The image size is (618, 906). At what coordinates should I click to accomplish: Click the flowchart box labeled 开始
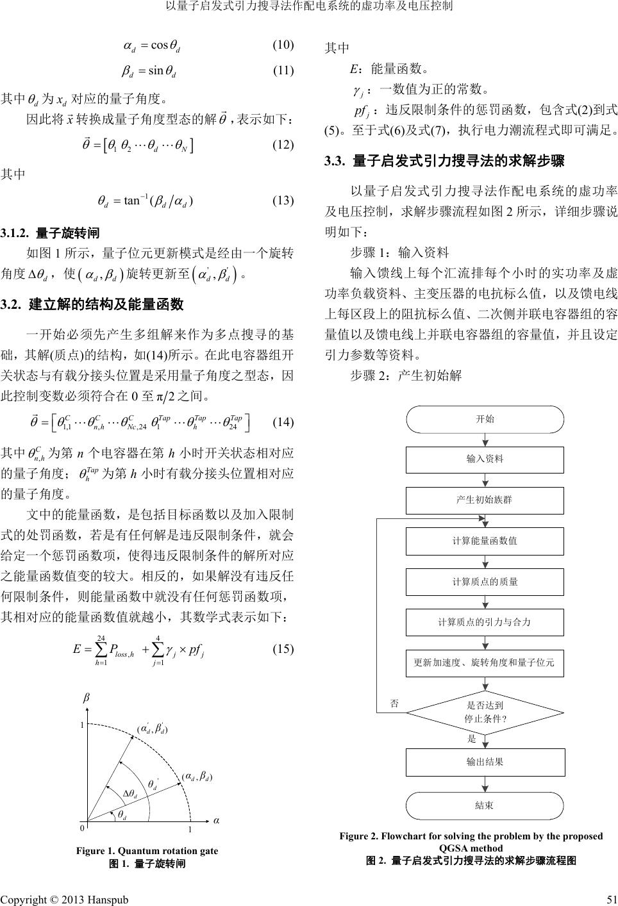coord(485,420)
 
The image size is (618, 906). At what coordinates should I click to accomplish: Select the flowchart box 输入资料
coord(485,459)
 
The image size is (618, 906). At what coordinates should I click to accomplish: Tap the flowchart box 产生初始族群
coord(485,500)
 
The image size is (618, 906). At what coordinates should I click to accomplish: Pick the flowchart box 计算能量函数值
coord(485,541)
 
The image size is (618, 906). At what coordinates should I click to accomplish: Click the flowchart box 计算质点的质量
coord(485,581)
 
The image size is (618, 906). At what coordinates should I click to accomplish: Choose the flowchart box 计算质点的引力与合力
coord(485,622)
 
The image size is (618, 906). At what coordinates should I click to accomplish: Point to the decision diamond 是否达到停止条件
coord(485,712)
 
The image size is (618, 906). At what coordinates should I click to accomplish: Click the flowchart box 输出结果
coord(485,762)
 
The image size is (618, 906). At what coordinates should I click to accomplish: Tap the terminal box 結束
coord(485,805)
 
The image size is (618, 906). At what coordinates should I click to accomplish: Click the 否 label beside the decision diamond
coord(395,703)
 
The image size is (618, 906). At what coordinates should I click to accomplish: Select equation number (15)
coord(283,648)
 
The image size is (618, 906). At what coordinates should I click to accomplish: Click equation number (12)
coord(283,145)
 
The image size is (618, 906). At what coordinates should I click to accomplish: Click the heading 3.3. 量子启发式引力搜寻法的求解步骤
coord(444,161)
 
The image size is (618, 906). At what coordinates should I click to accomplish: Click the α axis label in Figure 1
coord(216,820)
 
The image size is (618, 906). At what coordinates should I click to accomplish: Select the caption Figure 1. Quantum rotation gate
coord(147,851)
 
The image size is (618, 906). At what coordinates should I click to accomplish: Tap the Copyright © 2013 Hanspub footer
coord(65,899)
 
